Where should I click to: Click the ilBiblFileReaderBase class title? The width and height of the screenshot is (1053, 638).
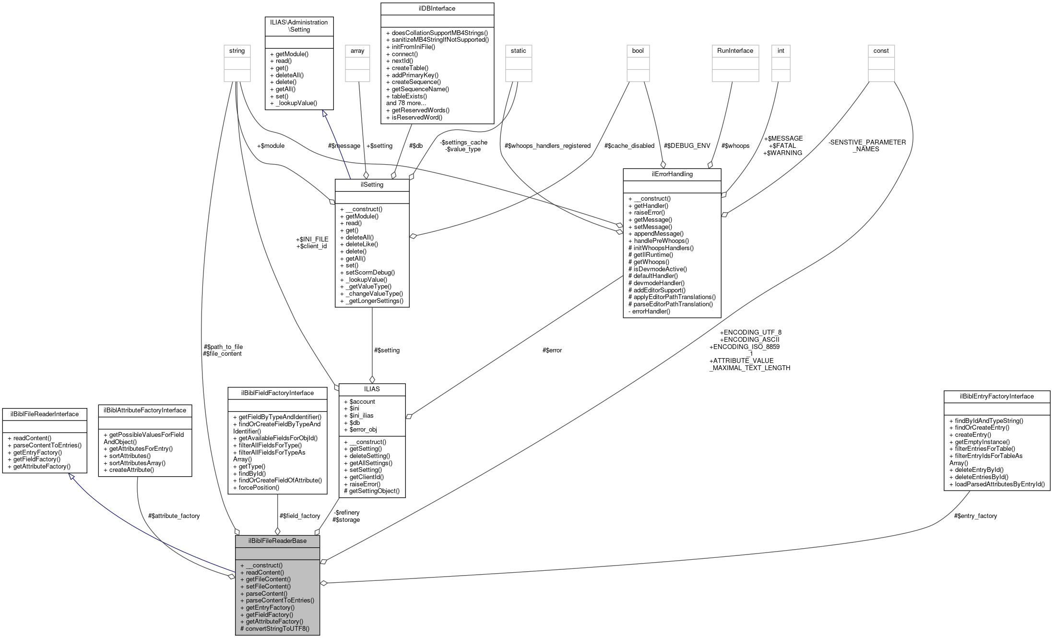point(277,541)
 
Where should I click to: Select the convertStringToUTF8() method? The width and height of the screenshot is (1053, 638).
point(275,628)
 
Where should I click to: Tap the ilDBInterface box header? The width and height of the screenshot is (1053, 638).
point(437,9)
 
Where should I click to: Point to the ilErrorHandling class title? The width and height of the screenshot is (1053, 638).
point(672,174)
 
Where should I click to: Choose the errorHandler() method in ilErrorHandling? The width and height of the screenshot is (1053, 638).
point(651,311)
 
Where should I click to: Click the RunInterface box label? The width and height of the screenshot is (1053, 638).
point(735,50)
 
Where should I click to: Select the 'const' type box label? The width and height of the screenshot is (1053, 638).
point(881,50)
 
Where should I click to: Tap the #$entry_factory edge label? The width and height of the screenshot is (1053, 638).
point(975,516)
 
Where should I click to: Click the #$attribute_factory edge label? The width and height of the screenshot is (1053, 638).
point(174,516)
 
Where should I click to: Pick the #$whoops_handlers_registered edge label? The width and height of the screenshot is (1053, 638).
point(547,145)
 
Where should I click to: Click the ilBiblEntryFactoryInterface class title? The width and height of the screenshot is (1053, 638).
point(996,396)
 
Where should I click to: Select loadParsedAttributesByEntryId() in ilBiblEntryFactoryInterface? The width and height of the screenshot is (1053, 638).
point(997,484)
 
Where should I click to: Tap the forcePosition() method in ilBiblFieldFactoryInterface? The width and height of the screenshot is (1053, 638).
point(259,487)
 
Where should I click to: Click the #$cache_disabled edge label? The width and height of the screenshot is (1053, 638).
point(629,145)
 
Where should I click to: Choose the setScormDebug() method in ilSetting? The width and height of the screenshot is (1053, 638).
point(370,272)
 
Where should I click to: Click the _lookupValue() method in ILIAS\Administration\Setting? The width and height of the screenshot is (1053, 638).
point(296,103)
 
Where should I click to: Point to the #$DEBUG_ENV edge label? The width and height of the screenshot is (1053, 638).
point(686,145)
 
